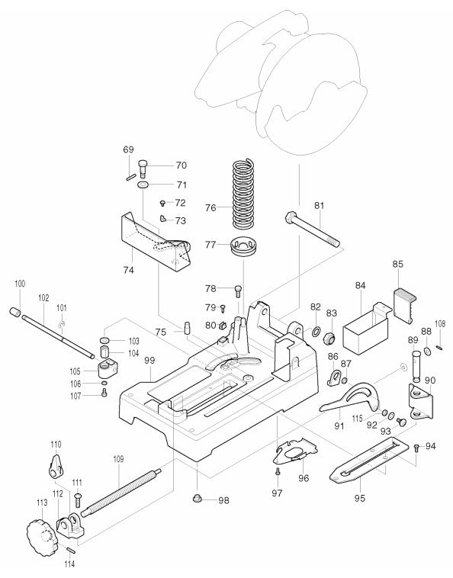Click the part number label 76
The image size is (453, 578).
210,207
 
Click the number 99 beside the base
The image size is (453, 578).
149,360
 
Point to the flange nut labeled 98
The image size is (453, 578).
198,499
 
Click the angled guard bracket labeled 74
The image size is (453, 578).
156,244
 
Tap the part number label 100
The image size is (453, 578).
20,284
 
